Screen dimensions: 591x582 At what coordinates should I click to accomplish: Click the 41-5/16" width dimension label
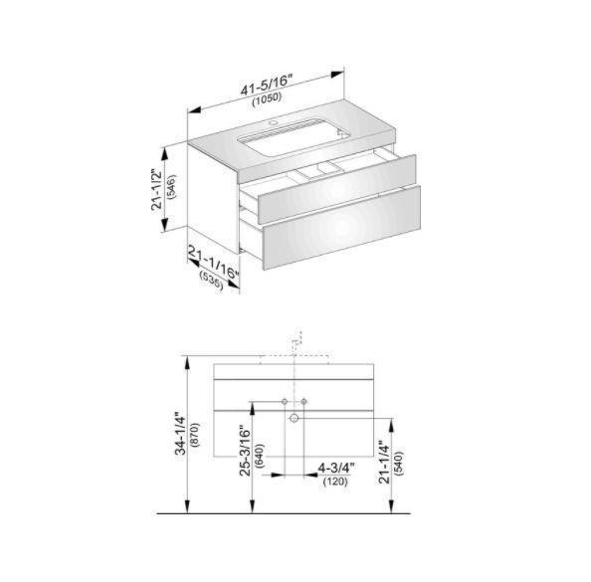(x=267, y=86)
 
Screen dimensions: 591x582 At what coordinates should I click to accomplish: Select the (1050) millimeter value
(x=267, y=98)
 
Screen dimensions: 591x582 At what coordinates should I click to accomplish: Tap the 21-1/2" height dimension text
(x=156, y=189)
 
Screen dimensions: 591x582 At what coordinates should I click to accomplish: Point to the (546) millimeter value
(x=171, y=187)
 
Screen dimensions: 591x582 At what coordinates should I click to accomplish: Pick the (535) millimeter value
(x=211, y=281)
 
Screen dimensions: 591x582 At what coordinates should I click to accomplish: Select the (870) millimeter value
(x=195, y=434)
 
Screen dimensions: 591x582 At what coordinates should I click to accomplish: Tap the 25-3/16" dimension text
(x=245, y=450)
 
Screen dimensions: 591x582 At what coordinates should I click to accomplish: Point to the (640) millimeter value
(x=260, y=456)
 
